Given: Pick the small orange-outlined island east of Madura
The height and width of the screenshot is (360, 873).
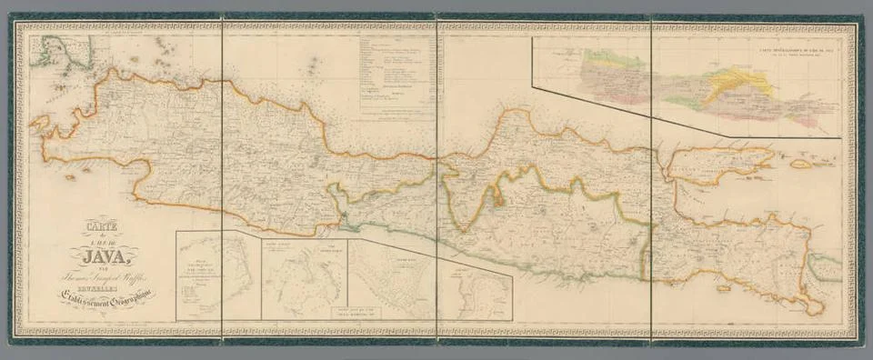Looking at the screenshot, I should pos(800,165).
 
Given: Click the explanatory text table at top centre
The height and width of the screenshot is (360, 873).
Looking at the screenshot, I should pos(396,73).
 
